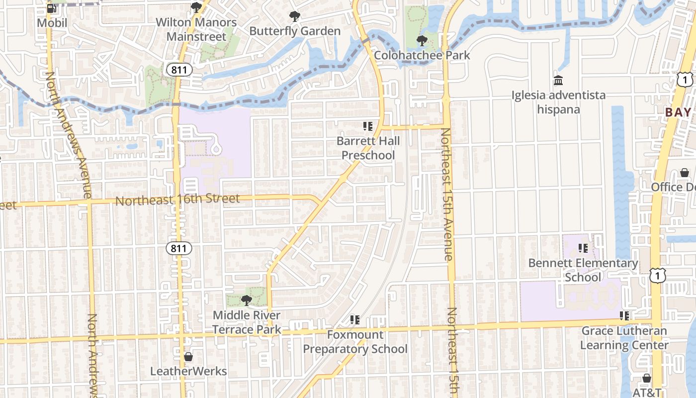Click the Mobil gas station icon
(51, 8)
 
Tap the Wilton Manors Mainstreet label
(196, 29)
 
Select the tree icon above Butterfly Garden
(295, 16)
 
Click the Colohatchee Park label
(422, 55)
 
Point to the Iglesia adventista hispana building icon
(558, 80)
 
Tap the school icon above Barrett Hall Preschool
(368, 126)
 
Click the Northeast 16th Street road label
(177, 200)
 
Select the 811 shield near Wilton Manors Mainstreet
(178, 70)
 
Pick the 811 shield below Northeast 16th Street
(178, 248)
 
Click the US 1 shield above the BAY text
(685, 80)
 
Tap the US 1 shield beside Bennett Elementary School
(657, 275)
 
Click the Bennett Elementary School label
(583, 270)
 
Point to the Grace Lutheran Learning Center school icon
(624, 315)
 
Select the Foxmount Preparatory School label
(355, 342)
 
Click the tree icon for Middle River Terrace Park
(246, 300)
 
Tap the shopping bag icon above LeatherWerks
(188, 357)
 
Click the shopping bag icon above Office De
(685, 173)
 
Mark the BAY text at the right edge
(678, 112)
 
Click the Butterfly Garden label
(295, 31)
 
